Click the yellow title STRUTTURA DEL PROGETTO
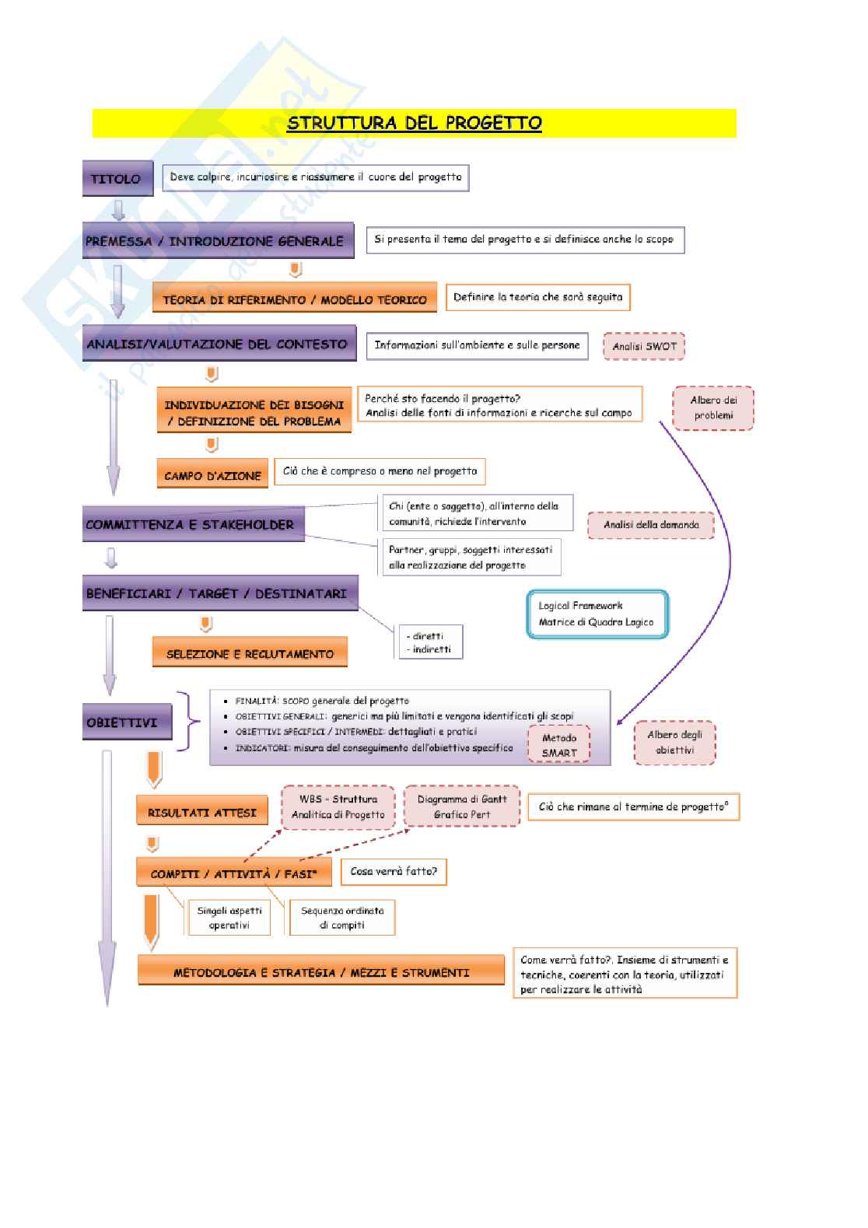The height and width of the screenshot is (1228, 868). (x=414, y=123)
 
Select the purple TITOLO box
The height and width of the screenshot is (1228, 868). (x=115, y=178)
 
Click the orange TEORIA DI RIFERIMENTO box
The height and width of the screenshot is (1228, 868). (x=294, y=299)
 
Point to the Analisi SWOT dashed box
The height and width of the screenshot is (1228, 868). (x=644, y=346)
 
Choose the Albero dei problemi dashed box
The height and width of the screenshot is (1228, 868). (x=713, y=408)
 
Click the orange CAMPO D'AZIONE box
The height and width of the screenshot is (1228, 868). (x=212, y=475)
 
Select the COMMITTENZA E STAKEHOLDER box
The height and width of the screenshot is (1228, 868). (x=193, y=524)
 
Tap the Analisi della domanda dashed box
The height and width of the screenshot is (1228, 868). (x=651, y=525)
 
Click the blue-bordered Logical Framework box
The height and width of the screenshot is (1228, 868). (x=597, y=614)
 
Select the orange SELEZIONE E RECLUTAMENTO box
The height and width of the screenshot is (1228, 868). (x=250, y=653)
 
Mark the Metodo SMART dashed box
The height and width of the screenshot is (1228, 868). (x=559, y=745)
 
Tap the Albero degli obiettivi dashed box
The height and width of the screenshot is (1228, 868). (x=674, y=742)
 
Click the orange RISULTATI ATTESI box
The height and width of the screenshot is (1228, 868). (x=201, y=812)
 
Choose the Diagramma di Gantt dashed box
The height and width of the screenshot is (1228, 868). (x=462, y=806)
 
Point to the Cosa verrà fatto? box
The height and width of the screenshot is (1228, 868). (x=394, y=872)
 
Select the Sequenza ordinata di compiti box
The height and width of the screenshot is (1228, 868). (x=342, y=918)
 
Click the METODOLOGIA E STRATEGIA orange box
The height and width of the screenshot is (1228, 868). (x=321, y=972)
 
